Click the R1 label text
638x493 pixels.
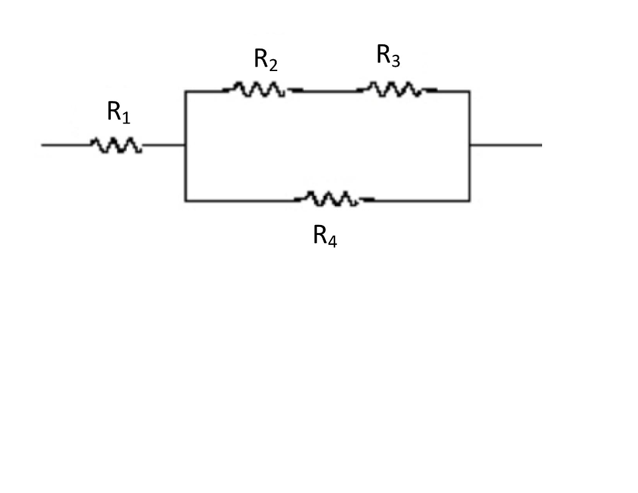pyautogui.click(x=118, y=113)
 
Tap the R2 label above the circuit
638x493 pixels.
pyautogui.click(x=265, y=60)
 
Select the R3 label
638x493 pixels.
pyautogui.click(x=388, y=56)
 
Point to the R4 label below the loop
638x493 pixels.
pyautogui.click(x=325, y=236)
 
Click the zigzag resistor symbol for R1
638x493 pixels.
pyautogui.click(x=116, y=145)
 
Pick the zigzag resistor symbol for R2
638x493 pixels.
pyautogui.click(x=255, y=90)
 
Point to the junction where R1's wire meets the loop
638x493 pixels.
pyautogui.click(x=185, y=145)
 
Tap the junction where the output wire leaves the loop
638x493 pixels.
pyautogui.click(x=469, y=145)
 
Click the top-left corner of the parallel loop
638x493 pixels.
pyautogui.click(x=185, y=91)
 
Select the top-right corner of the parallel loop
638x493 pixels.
pyautogui.click(x=469, y=91)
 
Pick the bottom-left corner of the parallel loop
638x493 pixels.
pyautogui.click(x=185, y=201)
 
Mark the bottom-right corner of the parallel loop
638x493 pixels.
pyautogui.click(x=469, y=201)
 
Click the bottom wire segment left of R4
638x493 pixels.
pyautogui.click(x=240, y=201)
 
